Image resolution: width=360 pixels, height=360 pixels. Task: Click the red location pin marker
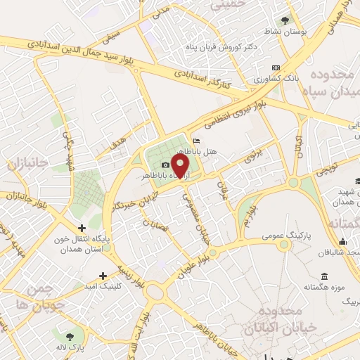(x=181, y=166)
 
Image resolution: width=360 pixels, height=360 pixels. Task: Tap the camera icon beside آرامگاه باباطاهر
(x=165, y=165)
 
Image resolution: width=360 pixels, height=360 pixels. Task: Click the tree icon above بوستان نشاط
(x=285, y=20)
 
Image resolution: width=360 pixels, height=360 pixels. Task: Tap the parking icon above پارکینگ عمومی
(x=285, y=244)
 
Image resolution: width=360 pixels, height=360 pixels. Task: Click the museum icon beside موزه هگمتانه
(x=323, y=275)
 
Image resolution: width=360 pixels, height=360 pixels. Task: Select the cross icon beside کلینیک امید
(x=103, y=275)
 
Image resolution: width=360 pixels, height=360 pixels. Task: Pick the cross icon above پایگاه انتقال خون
(x=82, y=227)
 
